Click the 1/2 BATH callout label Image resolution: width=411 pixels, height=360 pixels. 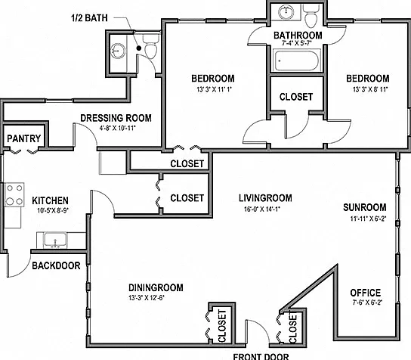pos(89,18)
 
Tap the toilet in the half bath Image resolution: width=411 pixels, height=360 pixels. pos(150,46)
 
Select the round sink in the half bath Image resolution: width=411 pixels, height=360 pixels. pos(117,50)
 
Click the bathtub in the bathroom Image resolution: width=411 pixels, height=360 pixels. pos(296,61)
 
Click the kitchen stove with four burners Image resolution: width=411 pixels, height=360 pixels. pos(14,194)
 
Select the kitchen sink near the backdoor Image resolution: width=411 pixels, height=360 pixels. pos(55,240)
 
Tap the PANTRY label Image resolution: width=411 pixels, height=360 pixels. pos(24,138)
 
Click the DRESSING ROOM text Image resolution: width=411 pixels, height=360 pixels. pos(116,118)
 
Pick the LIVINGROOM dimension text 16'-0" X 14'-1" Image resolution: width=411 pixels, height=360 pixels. pos(262,209)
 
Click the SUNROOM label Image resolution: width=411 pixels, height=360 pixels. pos(365,207)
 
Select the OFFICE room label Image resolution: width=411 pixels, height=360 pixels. pos(365,293)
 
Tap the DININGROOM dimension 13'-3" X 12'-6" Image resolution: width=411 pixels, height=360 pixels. pos(147,298)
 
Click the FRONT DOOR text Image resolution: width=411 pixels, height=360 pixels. pos(261,356)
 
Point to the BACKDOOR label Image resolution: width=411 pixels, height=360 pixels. pos(56,265)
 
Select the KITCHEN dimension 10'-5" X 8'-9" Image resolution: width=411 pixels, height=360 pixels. pos(53,210)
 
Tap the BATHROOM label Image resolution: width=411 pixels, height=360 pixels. pos(298,35)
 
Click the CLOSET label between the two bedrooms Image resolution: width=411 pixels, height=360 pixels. pos(296,97)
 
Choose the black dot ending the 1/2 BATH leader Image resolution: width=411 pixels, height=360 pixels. pos(139,48)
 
